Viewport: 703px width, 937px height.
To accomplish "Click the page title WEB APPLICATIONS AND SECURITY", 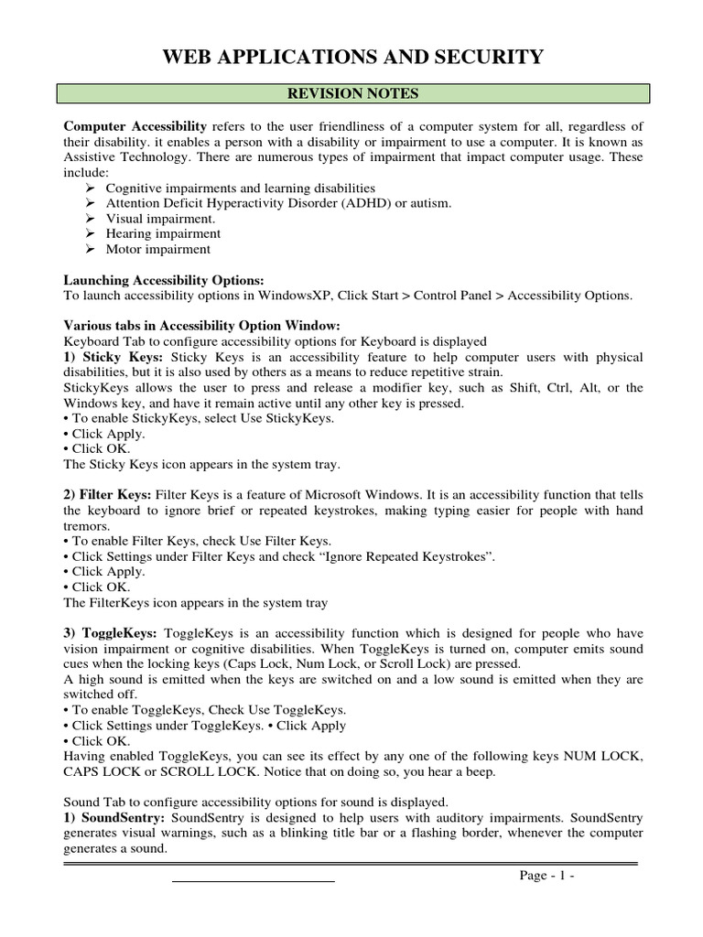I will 352,59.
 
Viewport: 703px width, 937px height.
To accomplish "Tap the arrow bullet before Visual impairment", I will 90,219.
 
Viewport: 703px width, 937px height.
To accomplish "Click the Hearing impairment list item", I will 163,234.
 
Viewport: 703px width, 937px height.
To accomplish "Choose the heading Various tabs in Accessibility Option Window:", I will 200,326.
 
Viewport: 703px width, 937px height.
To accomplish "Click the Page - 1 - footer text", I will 546,875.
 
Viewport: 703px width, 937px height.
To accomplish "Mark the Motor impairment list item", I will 157,249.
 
